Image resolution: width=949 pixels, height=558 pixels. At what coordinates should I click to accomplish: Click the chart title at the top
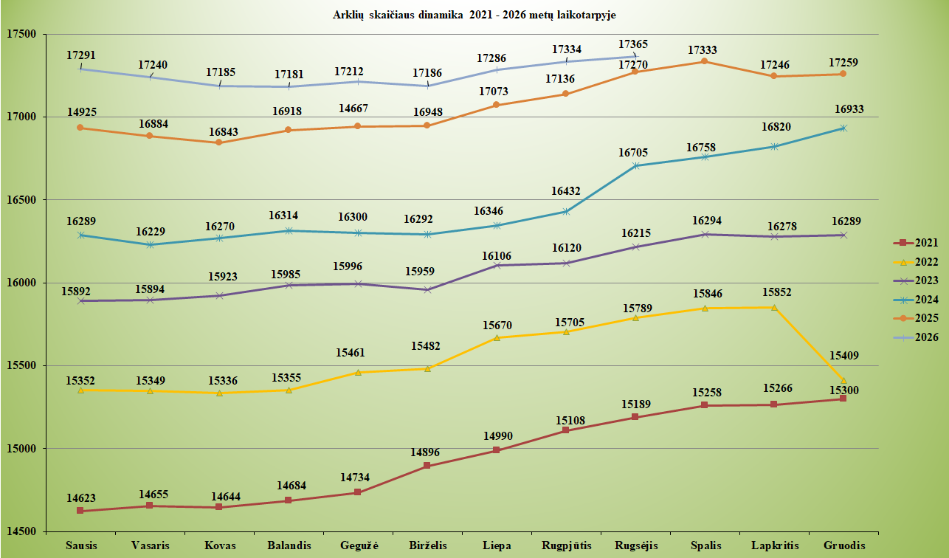pyautogui.click(x=474, y=15)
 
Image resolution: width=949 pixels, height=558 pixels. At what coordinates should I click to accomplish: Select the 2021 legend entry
pyautogui.click(x=916, y=243)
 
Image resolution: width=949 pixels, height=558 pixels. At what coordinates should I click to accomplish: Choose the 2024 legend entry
pyautogui.click(x=916, y=300)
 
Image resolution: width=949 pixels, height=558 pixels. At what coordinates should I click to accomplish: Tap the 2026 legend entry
pyautogui.click(x=916, y=337)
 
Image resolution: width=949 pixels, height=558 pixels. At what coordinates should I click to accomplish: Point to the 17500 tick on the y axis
pyautogui.click(x=21, y=34)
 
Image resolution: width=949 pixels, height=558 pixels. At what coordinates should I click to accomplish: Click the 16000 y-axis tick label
pyautogui.click(x=21, y=283)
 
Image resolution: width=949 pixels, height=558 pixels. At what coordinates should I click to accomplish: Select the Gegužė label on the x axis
pyautogui.click(x=359, y=545)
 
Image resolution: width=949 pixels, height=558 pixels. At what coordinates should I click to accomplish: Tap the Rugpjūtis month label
pyautogui.click(x=567, y=545)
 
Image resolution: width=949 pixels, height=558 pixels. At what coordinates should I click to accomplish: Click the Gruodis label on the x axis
pyautogui.click(x=844, y=545)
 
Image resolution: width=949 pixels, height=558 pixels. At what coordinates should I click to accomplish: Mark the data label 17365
pyautogui.click(x=633, y=44)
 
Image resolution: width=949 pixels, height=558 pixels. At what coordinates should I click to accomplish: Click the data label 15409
pyautogui.click(x=844, y=356)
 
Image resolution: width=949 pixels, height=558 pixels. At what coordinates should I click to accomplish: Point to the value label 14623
pyautogui.click(x=81, y=497)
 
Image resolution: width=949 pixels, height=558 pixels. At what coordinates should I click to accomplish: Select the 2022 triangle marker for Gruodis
pyautogui.click(x=843, y=380)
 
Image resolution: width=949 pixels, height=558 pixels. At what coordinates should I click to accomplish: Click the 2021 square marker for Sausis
pyautogui.click(x=80, y=511)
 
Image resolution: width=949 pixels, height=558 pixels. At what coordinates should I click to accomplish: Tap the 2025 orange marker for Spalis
pyautogui.click(x=704, y=61)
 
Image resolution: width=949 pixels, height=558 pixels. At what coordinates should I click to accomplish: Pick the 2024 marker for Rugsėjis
pyautogui.click(x=635, y=165)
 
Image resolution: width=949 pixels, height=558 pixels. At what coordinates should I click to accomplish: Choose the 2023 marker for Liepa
pyautogui.click(x=497, y=266)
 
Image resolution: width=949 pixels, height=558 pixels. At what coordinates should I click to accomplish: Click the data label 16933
pyautogui.click(x=849, y=109)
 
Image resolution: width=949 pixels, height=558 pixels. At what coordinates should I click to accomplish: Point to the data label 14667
pyautogui.click(x=353, y=108)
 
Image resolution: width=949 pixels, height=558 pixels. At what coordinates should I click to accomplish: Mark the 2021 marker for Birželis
pyautogui.click(x=427, y=466)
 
